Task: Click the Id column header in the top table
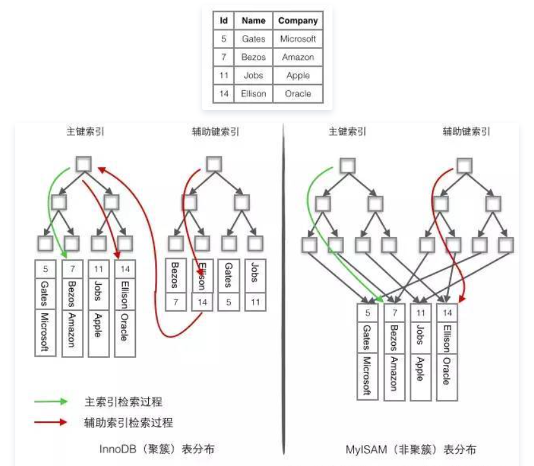pos(223,20)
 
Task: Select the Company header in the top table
pos(298,20)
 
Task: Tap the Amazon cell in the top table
pos(298,57)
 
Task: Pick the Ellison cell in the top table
pos(253,93)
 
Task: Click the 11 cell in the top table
pos(223,75)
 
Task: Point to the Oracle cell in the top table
pos(298,93)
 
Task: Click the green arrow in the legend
pos(51,402)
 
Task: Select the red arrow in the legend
pos(51,421)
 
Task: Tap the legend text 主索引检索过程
pos(123,402)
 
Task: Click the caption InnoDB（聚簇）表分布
pos(156,449)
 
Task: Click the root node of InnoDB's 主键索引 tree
pos(84,164)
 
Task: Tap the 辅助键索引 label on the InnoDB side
pos(216,132)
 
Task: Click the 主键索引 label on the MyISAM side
pos(347,132)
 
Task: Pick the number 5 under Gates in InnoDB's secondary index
pos(228,303)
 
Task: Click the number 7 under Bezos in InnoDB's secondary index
pos(175,303)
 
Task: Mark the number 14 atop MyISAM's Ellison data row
pos(447,313)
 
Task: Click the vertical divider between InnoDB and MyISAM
pos(280,286)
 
